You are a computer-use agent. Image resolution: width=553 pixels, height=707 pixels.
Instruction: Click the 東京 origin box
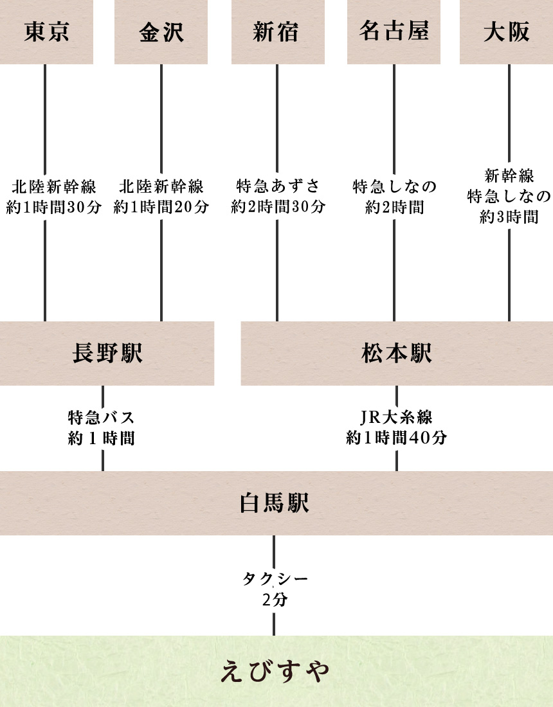pyautogui.click(x=46, y=32)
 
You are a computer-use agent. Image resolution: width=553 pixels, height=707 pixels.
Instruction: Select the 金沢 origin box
pyautogui.click(x=161, y=32)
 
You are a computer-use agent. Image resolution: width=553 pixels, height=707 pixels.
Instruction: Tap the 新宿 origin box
pyautogui.click(x=278, y=32)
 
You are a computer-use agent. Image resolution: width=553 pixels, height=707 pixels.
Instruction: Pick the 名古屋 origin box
pyautogui.click(x=394, y=32)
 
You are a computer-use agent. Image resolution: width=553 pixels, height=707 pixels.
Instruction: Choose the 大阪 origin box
pyautogui.click(x=507, y=32)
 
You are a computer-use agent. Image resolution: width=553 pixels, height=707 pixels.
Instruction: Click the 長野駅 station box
pyautogui.click(x=107, y=353)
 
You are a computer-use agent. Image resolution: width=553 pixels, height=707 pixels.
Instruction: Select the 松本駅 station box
pyautogui.click(x=397, y=353)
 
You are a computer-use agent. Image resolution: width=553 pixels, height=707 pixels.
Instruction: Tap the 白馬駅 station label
pyautogui.click(x=274, y=503)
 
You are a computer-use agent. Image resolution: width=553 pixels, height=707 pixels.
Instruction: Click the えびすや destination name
pyautogui.click(x=275, y=672)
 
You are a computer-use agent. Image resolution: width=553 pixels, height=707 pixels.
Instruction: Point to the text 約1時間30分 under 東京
pyautogui.click(x=53, y=207)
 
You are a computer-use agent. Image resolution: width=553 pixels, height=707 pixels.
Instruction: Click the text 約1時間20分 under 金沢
pyautogui.click(x=161, y=207)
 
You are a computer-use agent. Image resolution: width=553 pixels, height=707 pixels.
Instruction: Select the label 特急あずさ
pyautogui.click(x=278, y=186)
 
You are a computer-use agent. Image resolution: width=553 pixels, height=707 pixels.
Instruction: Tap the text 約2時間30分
pyautogui.click(x=278, y=206)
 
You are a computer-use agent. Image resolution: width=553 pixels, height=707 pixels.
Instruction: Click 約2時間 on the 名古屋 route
pyautogui.click(x=395, y=207)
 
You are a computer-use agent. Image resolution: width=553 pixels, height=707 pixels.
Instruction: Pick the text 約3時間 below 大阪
pyautogui.click(x=509, y=217)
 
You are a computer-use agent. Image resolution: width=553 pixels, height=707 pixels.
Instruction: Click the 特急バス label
pyautogui.click(x=102, y=417)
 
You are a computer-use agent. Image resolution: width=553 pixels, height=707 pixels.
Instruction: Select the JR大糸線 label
pyautogui.click(x=397, y=417)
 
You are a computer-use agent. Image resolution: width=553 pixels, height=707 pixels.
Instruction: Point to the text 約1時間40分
pyautogui.click(x=397, y=437)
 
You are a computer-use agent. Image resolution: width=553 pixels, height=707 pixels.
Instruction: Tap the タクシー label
pyautogui.click(x=275, y=578)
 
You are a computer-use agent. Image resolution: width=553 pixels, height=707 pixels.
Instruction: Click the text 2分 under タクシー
pyautogui.click(x=275, y=599)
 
